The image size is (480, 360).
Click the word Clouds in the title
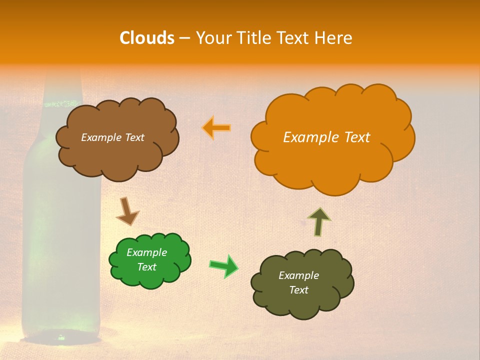click(x=146, y=38)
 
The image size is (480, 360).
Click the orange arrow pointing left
click(x=216, y=128)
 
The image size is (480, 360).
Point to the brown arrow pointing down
click(x=127, y=211)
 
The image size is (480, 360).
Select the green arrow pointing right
click(x=224, y=265)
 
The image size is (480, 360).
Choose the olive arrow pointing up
click(x=319, y=221)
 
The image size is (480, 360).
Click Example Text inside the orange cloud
click(x=326, y=137)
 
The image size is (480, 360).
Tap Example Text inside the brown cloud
click(x=112, y=137)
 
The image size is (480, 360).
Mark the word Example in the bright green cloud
click(x=146, y=252)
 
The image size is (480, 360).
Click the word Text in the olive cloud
click(x=298, y=290)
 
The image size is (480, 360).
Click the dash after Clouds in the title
click(x=184, y=38)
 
